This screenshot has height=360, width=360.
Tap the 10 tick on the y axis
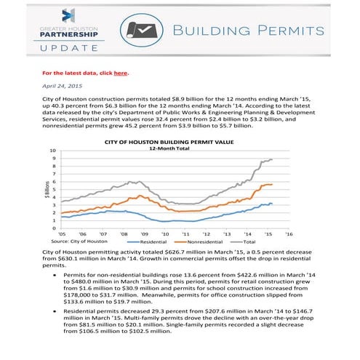pos(52,151)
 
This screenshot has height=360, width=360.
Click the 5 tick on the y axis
pos(53,190)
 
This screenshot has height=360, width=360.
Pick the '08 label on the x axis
pos(124,234)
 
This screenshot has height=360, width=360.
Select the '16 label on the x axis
pos(289,234)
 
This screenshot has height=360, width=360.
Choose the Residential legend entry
pos(153,241)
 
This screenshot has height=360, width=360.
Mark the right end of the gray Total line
pos(273,159)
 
